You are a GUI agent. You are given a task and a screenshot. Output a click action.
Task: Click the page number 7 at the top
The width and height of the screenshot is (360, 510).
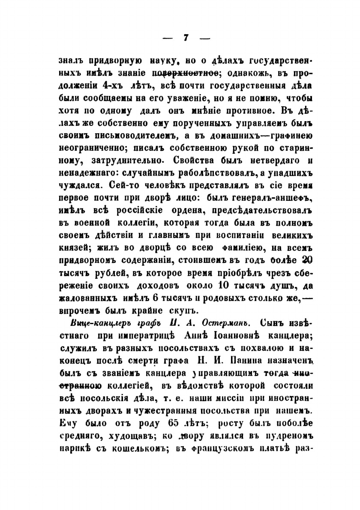(186, 37)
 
